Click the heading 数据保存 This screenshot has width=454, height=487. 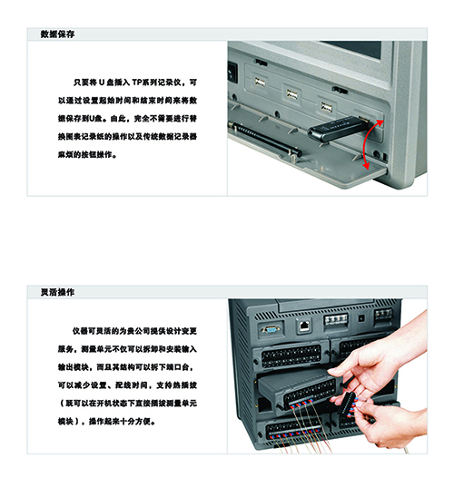coord(57,34)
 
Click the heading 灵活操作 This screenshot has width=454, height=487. coord(57,292)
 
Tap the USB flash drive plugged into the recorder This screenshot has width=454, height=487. coord(338,128)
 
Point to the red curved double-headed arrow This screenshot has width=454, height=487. coord(370,145)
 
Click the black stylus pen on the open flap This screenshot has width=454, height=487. coord(264,139)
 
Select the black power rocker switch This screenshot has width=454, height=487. coord(232,73)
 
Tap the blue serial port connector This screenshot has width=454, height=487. coord(271,328)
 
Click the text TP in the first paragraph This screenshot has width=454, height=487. coord(137,83)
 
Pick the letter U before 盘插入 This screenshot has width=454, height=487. coord(102,83)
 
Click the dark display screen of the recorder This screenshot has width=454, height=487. coord(351,49)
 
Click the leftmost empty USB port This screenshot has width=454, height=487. coord(260,82)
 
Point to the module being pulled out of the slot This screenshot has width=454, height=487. coord(297,390)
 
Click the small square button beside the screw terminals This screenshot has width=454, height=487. coord(361,318)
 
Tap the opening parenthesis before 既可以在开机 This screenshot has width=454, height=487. coord(61,404)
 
